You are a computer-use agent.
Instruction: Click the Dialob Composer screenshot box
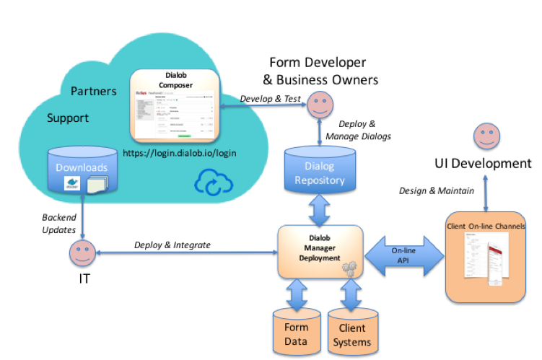[x=175, y=105]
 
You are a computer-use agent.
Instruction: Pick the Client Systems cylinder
[x=353, y=331]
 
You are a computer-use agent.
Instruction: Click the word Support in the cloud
[x=69, y=117]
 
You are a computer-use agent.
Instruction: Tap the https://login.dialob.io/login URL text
[x=180, y=153]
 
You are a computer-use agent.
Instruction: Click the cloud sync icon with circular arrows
[x=212, y=182]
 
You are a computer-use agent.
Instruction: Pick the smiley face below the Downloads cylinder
[x=82, y=253]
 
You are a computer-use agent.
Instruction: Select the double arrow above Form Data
[x=296, y=294]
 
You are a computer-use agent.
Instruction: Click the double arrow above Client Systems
[x=351, y=294]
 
